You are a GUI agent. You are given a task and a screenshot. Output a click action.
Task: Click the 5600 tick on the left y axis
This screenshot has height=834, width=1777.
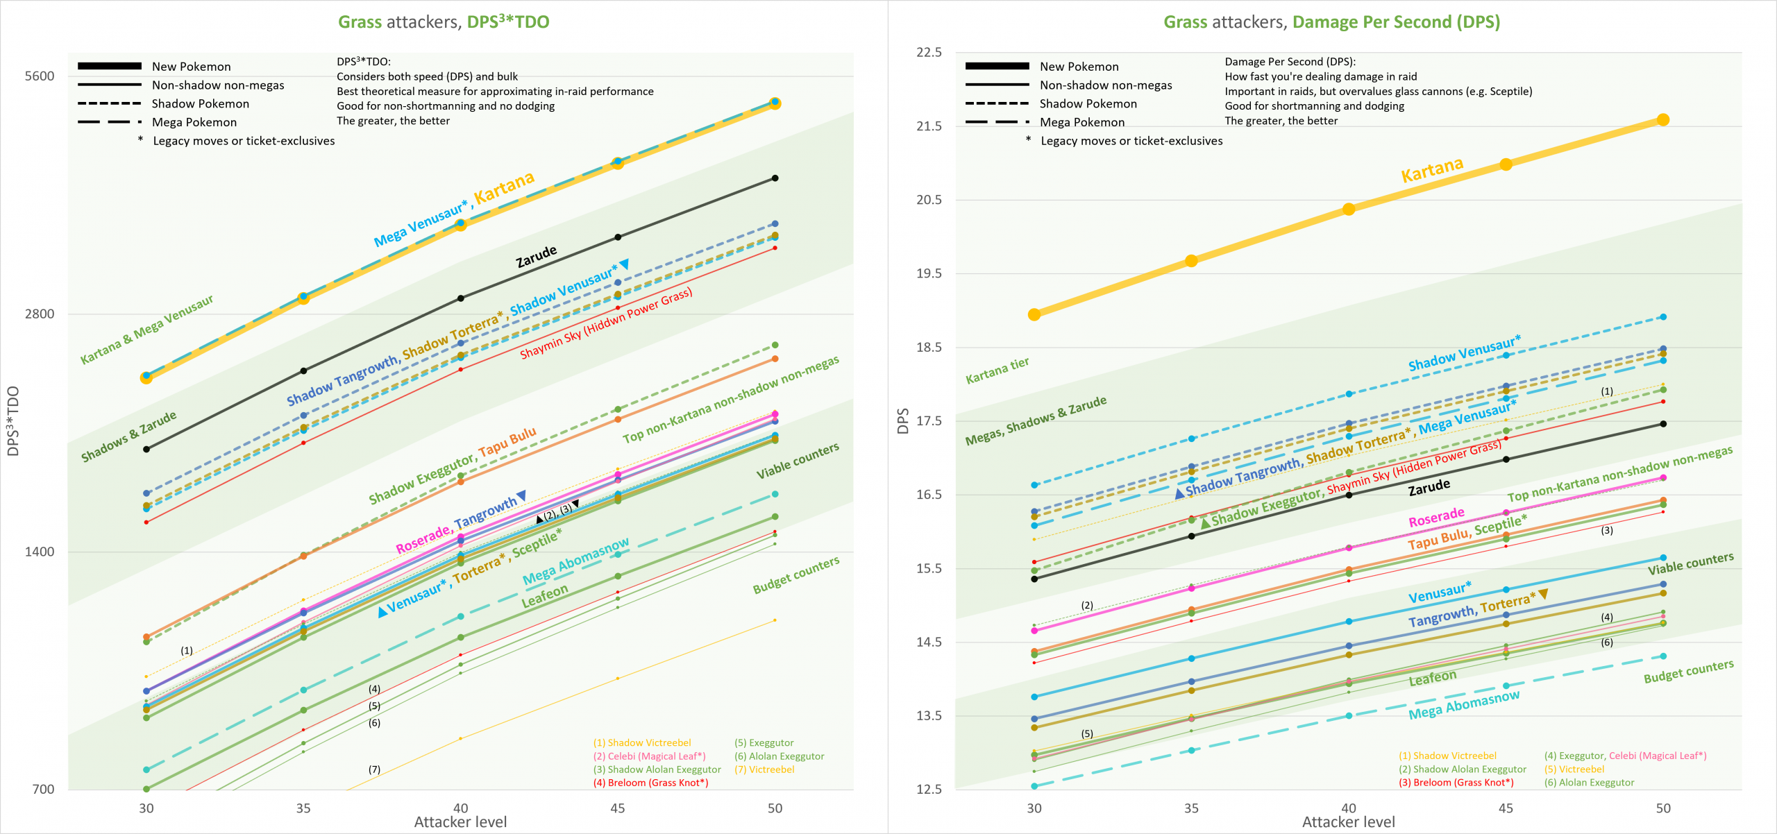pyautogui.click(x=39, y=76)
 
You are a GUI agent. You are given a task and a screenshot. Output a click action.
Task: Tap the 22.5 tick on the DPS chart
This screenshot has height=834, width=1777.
pyautogui.click(x=929, y=53)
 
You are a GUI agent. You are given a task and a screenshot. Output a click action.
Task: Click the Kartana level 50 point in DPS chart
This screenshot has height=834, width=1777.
pyautogui.click(x=1662, y=120)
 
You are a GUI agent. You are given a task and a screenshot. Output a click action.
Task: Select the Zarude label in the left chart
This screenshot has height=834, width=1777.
pyautogui.click(x=536, y=256)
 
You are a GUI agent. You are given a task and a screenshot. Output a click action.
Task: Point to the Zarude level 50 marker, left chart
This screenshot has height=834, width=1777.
pyautogui.click(x=775, y=178)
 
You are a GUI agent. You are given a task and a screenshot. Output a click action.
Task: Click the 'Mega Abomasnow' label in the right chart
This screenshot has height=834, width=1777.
pyautogui.click(x=1463, y=705)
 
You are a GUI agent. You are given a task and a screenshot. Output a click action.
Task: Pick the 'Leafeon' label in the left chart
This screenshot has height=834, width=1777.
pyautogui.click(x=544, y=596)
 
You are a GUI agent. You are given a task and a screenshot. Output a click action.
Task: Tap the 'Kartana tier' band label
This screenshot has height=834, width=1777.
pyautogui.click(x=997, y=371)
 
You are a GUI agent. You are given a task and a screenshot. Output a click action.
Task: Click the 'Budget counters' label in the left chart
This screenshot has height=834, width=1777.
pyautogui.click(x=795, y=575)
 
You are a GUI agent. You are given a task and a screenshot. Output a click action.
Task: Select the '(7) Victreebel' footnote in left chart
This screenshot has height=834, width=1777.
pyautogui.click(x=764, y=769)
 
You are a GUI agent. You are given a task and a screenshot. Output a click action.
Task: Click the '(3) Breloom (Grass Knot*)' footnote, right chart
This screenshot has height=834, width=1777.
pyautogui.click(x=1456, y=783)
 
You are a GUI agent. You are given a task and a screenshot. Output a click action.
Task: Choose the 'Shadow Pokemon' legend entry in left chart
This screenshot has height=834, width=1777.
pyautogui.click(x=200, y=104)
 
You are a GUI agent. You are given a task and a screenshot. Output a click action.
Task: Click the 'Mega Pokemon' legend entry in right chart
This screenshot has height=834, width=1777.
pyautogui.click(x=1081, y=123)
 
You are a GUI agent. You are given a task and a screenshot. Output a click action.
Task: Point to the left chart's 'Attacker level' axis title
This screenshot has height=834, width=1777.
pyautogui.click(x=460, y=822)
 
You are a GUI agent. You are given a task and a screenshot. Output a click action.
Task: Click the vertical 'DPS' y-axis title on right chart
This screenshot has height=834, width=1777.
pyautogui.click(x=903, y=421)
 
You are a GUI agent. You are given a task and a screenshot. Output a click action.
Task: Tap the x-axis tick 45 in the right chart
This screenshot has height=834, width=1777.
pyautogui.click(x=1506, y=808)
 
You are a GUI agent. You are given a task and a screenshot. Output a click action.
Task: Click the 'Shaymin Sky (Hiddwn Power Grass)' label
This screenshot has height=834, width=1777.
pyautogui.click(x=605, y=323)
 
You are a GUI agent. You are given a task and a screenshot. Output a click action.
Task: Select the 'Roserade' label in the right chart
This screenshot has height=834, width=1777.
pyautogui.click(x=1435, y=517)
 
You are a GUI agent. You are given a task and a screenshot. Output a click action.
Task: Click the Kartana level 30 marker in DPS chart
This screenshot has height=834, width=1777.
pyautogui.click(x=1034, y=315)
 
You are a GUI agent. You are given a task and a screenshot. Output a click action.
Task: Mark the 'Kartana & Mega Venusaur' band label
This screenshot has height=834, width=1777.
pyautogui.click(x=146, y=330)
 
